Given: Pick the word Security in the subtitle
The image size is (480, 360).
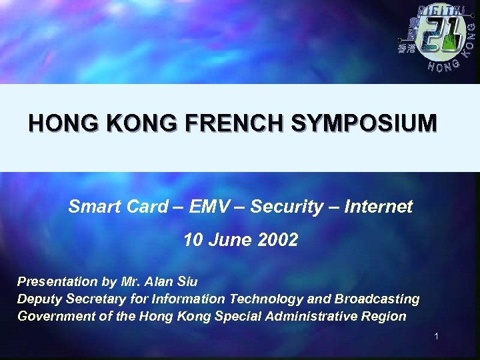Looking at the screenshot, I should click(294, 207).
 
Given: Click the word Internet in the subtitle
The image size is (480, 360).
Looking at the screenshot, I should click(383, 207).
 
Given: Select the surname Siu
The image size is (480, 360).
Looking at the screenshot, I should click(185, 281).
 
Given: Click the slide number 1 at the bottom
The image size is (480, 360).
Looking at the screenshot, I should click(435, 337).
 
